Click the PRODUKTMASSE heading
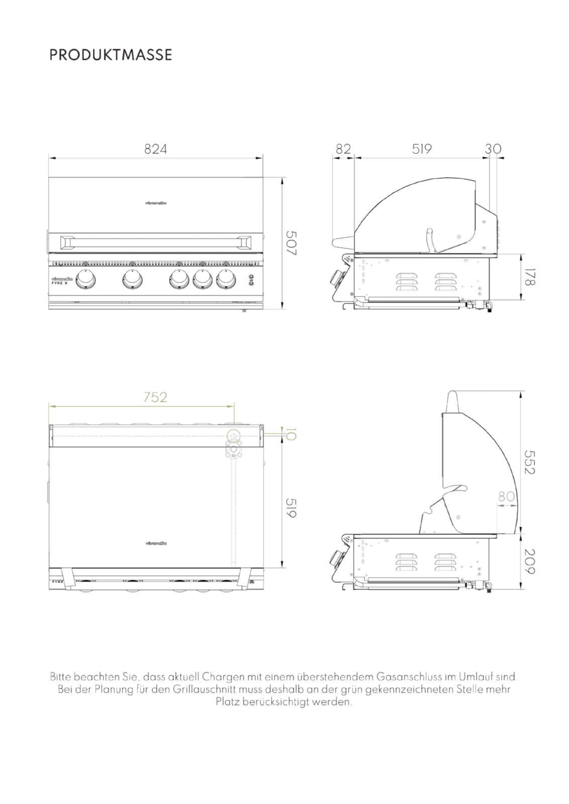tap(111, 55)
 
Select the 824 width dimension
tap(155, 149)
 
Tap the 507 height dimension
tap(291, 243)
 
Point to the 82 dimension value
tap(343, 149)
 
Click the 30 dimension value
tap(493, 149)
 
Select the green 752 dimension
tap(155, 397)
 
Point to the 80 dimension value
tap(506, 497)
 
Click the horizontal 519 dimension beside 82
tap(422, 149)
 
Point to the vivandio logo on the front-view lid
tap(156, 204)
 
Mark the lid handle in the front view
tap(156, 243)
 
